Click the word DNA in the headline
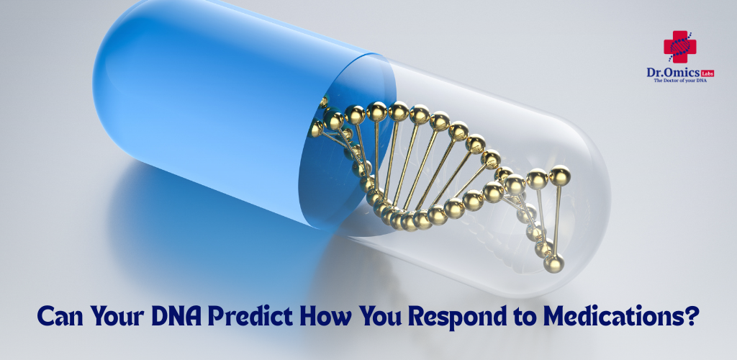click(x=177, y=316)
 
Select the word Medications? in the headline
click(x=620, y=316)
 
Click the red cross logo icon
click(x=679, y=47)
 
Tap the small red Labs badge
click(x=707, y=73)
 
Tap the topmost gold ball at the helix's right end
click(x=559, y=175)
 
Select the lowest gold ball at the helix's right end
click(x=553, y=264)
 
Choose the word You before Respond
click(x=381, y=317)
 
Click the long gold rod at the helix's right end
click(x=558, y=220)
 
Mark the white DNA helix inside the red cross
click(x=679, y=47)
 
